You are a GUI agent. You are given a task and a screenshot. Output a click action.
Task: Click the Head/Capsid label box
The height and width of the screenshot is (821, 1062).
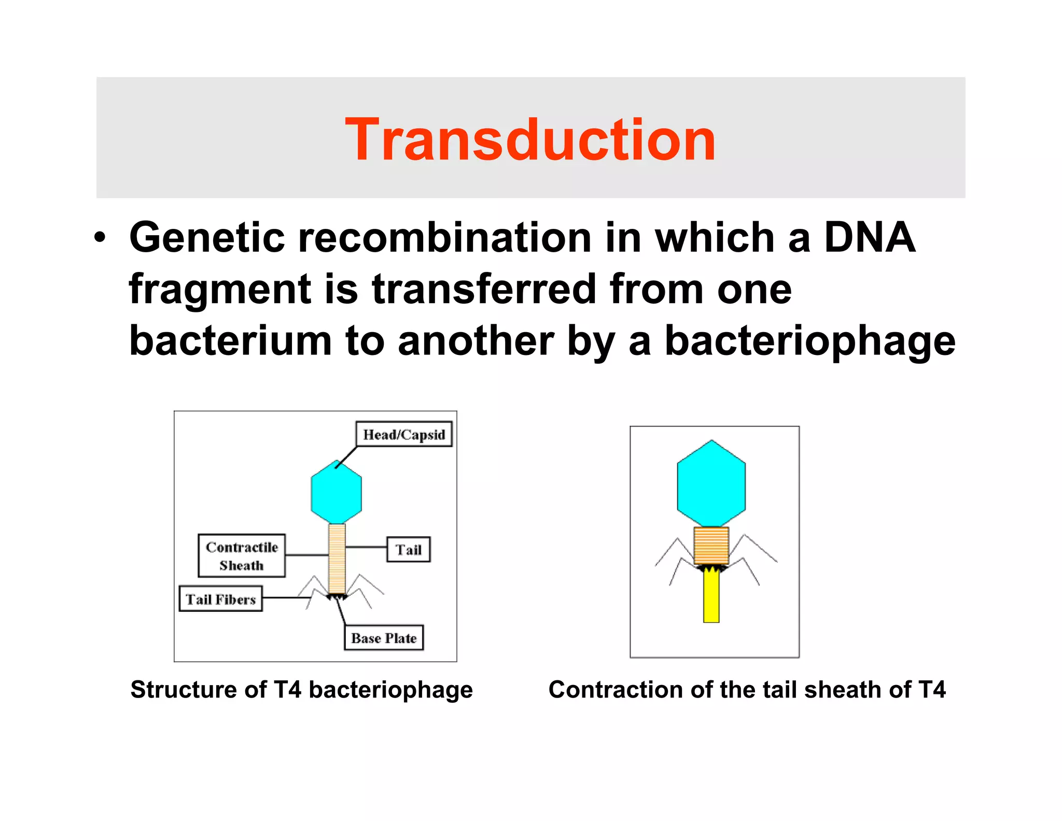point(403,434)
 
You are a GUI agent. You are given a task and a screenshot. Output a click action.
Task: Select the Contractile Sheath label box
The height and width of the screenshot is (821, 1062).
point(242,556)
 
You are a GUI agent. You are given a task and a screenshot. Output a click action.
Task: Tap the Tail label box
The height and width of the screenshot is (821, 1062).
point(409,550)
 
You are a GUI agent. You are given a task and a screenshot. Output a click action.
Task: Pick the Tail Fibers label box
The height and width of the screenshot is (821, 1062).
point(221,599)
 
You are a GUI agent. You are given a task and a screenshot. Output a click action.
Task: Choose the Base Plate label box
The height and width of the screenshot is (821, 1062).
point(384,638)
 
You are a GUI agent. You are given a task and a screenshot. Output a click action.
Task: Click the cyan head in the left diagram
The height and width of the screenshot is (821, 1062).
point(336,493)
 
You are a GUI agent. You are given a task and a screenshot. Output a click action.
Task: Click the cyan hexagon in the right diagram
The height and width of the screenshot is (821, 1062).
point(711,484)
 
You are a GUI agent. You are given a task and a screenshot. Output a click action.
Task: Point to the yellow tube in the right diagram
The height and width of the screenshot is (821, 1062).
point(711,597)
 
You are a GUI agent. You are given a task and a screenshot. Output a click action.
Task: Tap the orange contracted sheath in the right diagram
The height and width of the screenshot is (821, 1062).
point(711,545)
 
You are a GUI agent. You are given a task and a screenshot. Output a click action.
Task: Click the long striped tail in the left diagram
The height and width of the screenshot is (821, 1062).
point(337,558)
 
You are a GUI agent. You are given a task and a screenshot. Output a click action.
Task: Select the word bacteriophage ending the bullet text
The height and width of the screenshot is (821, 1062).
point(810,341)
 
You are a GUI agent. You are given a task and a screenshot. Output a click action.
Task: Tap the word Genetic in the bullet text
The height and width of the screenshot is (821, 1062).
point(207,237)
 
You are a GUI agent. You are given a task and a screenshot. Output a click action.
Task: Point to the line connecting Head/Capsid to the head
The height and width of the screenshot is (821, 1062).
point(346,457)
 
